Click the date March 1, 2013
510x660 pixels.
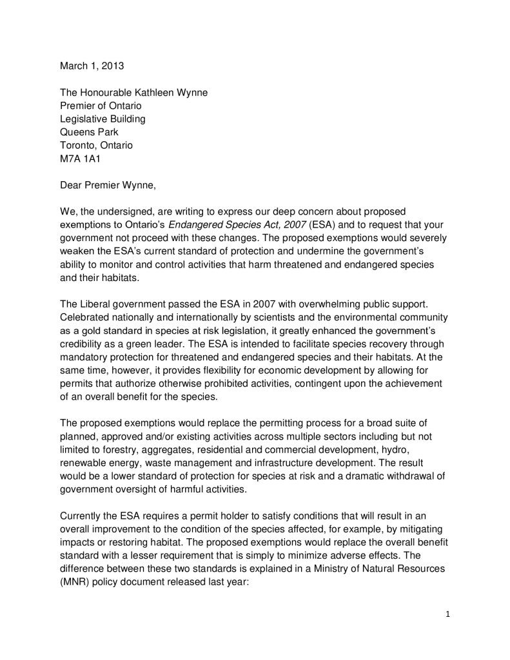pos(92,66)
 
